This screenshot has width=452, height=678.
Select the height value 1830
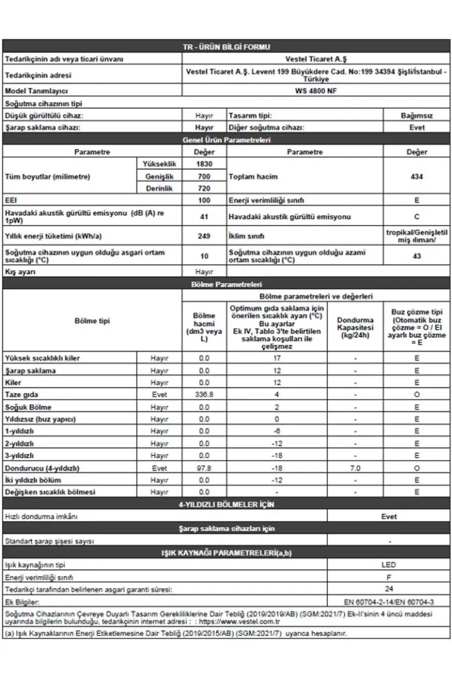[x=204, y=164]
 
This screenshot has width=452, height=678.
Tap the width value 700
[x=204, y=177]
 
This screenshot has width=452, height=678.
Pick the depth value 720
[x=204, y=189]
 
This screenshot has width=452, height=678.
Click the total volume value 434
[x=416, y=177]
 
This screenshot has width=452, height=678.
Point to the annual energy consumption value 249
[x=204, y=236]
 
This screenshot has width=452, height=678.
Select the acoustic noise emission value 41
[x=204, y=217]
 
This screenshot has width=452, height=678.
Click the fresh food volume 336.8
[x=204, y=395]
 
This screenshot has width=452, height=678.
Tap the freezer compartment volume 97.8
[x=204, y=468]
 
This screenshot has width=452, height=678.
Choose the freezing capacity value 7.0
[x=355, y=468]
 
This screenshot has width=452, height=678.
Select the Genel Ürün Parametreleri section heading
[x=226, y=140]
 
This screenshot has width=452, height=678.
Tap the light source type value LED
[x=388, y=565]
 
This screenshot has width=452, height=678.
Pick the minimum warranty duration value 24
[x=388, y=589]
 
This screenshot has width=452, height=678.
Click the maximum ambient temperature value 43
[x=416, y=256]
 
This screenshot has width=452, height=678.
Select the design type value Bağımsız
[x=416, y=115]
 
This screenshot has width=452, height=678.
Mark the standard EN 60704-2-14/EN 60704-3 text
[x=388, y=602]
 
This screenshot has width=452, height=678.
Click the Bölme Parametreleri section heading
[x=226, y=285]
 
